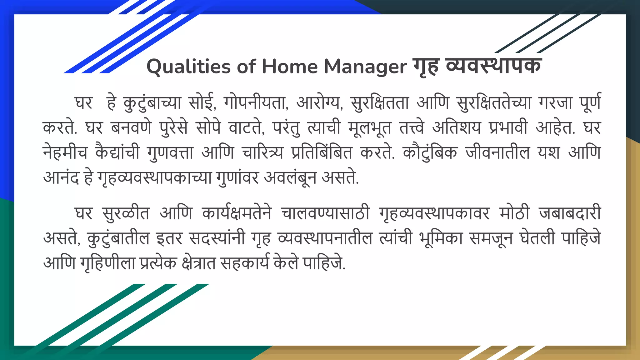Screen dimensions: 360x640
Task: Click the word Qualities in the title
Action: tap(188, 67)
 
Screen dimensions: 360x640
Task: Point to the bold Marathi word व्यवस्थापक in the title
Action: tap(493, 66)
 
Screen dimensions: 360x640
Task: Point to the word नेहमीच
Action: tap(65, 153)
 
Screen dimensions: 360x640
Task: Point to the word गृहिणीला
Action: tap(107, 263)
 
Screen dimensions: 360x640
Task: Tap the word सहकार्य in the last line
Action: tap(244, 263)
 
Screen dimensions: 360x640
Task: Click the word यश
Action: tap(549, 153)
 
